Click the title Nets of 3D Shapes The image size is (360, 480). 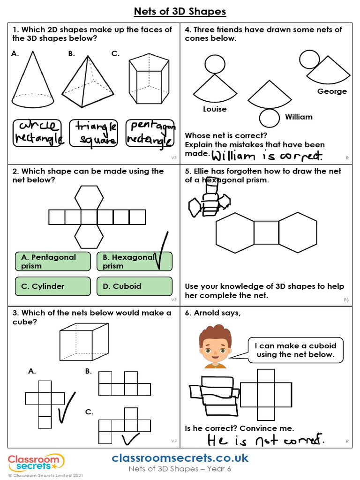click(180, 11)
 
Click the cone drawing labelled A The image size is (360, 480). click(33, 82)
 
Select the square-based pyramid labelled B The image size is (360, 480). click(88, 82)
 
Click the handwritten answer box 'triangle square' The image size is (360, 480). click(94, 133)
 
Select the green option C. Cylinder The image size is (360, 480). click(52, 286)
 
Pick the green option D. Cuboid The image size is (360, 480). click(134, 286)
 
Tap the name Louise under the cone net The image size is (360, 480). click(215, 109)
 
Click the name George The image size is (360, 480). click(332, 91)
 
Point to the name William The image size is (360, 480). click(299, 117)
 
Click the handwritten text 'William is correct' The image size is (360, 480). click(267, 156)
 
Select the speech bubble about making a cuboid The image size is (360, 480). click(295, 350)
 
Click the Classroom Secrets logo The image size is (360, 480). click(36, 463)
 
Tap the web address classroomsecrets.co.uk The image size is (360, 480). click(180, 458)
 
